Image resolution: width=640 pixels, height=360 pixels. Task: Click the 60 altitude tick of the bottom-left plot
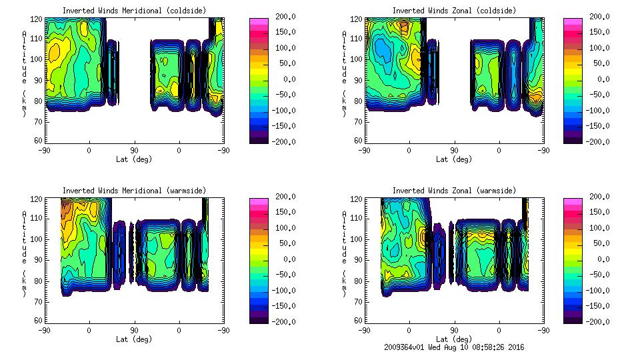[x=39, y=321]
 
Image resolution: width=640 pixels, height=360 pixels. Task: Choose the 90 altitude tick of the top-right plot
[x=359, y=80]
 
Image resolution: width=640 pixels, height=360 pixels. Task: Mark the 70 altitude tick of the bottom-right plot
[x=359, y=301]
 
